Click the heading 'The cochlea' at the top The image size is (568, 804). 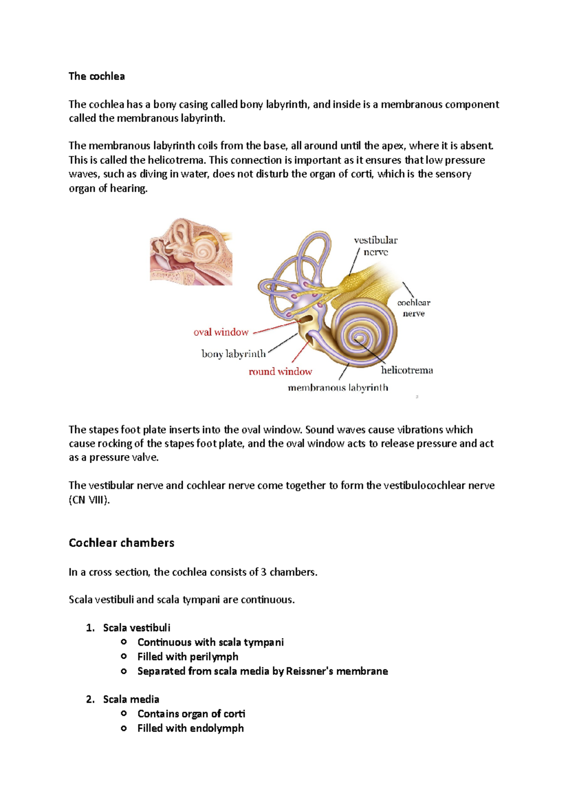pos(97,76)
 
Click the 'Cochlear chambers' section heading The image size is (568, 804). pos(121,543)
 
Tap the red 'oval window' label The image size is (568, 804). pos(221,332)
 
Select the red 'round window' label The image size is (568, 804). pos(280,372)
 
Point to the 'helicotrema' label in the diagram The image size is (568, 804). pos(407,370)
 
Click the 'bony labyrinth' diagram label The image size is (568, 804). pos(233,354)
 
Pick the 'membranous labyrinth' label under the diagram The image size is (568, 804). pos(337,388)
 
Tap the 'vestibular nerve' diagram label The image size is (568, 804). pos(376,246)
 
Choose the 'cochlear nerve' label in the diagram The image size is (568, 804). pos(413,308)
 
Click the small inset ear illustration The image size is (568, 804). pos(191,251)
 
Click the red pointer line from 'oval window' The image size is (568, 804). pos(277,328)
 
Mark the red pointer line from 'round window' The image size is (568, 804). pos(300,351)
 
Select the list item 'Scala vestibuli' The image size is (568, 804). pos(136,628)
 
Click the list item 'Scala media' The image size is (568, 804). pos(131,699)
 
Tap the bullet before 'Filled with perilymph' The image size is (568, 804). pos(124,657)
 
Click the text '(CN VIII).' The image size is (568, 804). pos(89,500)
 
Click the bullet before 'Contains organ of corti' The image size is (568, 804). pos(124,714)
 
